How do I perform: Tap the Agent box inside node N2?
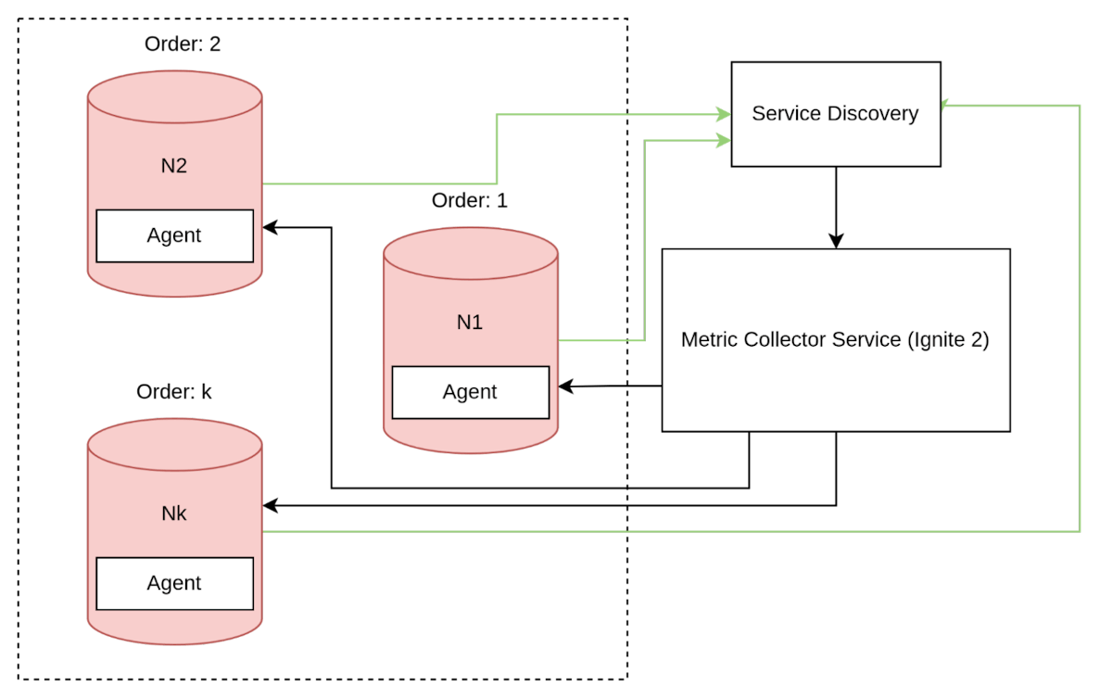(174, 235)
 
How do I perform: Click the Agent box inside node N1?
(470, 392)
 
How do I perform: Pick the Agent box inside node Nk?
(174, 583)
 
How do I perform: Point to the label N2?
(174, 166)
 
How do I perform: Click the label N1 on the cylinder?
(470, 323)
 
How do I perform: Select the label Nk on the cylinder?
(174, 514)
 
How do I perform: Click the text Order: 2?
(183, 44)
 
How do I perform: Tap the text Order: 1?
(470, 200)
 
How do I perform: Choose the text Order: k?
(174, 392)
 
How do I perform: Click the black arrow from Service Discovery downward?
(836, 209)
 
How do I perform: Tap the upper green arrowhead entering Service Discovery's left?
(723, 114)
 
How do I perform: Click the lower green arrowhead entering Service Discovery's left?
(723, 141)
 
